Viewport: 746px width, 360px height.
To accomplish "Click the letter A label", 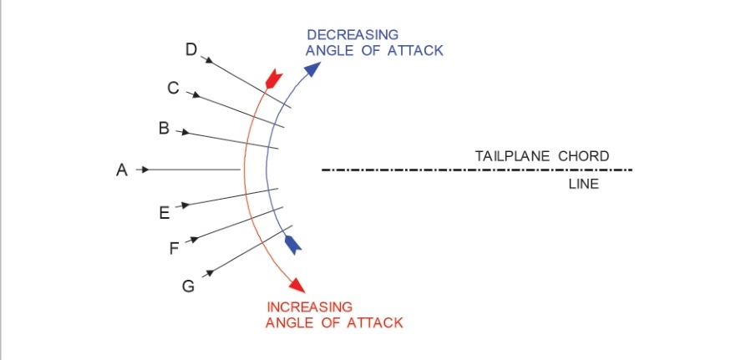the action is [x=121, y=170].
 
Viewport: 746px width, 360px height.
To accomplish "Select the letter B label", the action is [x=165, y=129].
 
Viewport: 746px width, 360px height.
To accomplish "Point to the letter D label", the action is [x=191, y=51].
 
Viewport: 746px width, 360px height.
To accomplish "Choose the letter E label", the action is [x=165, y=213].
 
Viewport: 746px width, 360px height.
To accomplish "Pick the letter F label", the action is [x=174, y=248].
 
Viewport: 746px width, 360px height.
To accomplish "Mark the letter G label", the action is [x=189, y=286].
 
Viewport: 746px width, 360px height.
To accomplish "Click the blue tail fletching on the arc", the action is [x=292, y=245].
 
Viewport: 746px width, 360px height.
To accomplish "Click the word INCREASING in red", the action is [x=309, y=307].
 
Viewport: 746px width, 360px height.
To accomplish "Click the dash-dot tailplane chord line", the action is [x=476, y=170].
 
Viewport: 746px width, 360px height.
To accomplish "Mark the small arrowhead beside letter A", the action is [x=144, y=170].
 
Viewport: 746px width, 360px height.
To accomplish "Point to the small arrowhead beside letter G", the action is [x=210, y=271].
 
